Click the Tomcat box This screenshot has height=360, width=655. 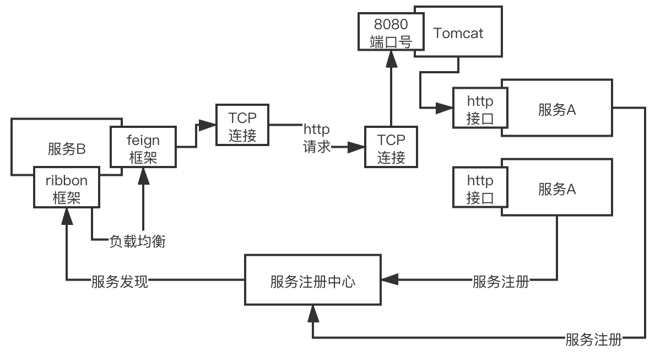point(458,33)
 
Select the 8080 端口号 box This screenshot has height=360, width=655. point(391,33)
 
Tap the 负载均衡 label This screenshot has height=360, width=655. point(137,241)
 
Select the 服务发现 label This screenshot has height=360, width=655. point(120,281)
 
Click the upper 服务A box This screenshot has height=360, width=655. point(557,109)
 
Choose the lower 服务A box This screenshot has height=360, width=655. point(557,189)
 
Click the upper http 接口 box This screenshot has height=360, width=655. point(480,109)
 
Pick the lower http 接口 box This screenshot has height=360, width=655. point(480,189)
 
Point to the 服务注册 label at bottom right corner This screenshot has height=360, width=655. point(593,339)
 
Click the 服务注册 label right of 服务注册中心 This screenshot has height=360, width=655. point(501,281)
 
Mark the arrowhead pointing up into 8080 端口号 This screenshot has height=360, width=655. point(391,60)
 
